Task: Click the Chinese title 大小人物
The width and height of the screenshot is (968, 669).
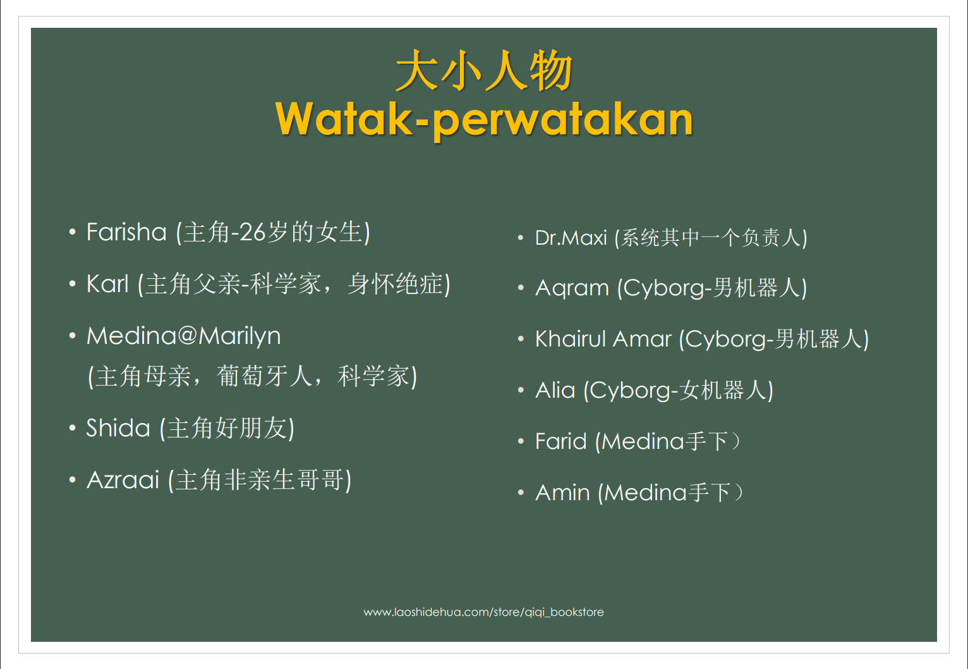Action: coord(484,70)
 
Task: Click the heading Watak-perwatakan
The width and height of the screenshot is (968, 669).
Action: coord(484,120)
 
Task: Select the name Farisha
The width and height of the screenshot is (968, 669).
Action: coord(126,232)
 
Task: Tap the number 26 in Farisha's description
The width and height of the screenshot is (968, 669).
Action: coord(252,232)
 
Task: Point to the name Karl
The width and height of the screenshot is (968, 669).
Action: coord(107,284)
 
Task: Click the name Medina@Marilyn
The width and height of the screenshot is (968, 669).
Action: coord(184,336)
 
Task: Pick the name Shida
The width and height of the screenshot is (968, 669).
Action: coord(118,428)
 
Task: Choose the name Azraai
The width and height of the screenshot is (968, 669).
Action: coord(123,480)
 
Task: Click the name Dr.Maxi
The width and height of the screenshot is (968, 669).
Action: coord(571,238)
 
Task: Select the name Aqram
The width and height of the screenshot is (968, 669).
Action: coord(572,288)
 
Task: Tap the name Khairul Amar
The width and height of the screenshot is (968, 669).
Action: coord(603,338)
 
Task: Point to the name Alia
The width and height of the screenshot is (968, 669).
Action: coord(555,390)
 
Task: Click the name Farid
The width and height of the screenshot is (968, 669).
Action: coord(561,441)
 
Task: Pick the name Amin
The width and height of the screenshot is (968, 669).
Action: coord(562,493)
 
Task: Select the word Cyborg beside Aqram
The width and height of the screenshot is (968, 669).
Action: coord(664,288)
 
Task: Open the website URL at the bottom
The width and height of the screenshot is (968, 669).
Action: coord(483,612)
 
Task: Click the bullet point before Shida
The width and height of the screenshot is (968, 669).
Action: coord(73,428)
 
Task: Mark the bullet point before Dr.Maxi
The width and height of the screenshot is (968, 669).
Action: coord(521,238)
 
